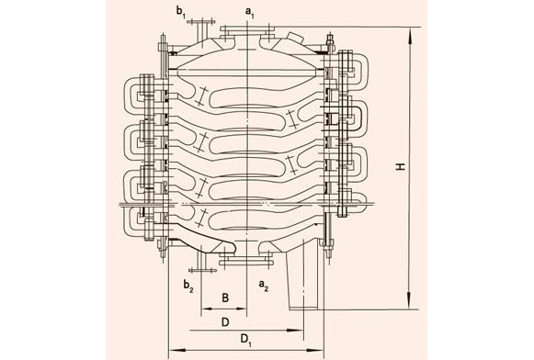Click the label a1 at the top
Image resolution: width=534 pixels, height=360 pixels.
coord(250,12)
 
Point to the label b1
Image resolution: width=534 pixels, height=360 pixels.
coord(181,12)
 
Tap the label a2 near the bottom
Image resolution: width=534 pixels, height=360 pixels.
coord(263,285)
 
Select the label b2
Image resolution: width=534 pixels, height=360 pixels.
coord(188,285)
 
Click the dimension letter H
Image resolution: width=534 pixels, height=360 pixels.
coord(400,167)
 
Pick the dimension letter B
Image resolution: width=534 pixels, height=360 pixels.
coord(225,298)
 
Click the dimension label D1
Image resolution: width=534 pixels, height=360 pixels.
coord(246,339)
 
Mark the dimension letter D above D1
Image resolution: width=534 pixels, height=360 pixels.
coord(225,322)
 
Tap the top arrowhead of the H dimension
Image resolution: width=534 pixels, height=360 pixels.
coord(411,35)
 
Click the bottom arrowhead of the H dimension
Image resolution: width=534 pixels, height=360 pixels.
coord(411,301)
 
